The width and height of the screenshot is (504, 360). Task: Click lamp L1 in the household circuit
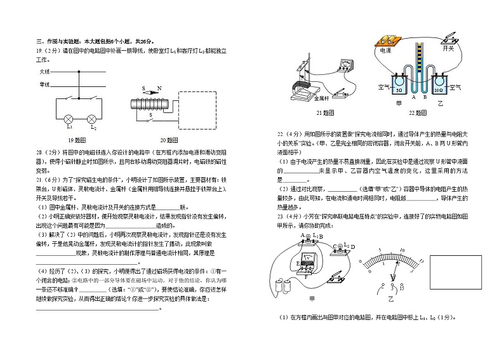70,119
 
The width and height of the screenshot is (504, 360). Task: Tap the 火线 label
44,71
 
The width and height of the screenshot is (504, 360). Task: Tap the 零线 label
44,84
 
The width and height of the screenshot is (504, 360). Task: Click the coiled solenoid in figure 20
149,104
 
